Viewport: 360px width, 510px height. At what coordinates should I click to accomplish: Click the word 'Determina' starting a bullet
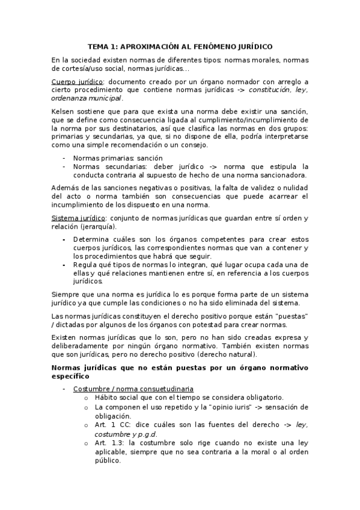pyautogui.click(x=92, y=239)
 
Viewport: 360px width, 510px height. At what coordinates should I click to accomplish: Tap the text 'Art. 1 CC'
pyautogui.click(x=112, y=424)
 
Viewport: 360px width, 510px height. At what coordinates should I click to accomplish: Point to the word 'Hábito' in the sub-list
pyautogui.click(x=107, y=398)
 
